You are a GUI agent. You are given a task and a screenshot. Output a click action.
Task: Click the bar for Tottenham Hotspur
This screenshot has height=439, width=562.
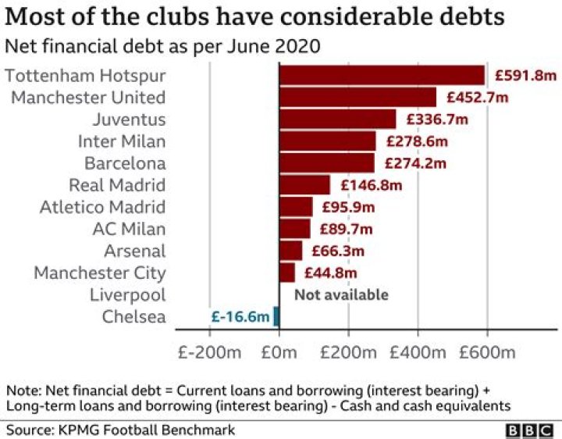coord(382,75)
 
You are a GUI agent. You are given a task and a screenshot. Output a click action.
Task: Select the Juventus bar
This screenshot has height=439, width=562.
coord(337,120)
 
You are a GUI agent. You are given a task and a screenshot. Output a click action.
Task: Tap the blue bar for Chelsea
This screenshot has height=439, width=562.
coord(276,316)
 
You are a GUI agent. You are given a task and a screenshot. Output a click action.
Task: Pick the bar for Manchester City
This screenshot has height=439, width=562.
coord(287,273)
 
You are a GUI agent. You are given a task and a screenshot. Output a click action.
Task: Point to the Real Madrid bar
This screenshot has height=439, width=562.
coord(304,185)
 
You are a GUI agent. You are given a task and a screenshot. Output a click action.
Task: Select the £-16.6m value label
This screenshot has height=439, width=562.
coord(240,316)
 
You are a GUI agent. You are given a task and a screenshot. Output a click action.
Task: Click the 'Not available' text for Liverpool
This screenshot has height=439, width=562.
coord(340,294)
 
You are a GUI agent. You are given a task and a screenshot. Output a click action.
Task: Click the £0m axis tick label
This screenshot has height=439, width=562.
coord(279,352)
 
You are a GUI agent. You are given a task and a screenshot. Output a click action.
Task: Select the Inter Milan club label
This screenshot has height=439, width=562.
coord(122,141)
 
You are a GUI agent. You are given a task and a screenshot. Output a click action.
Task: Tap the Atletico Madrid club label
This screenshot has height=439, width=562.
coord(103,207)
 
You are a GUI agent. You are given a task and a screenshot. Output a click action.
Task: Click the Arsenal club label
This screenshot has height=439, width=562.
coord(135,251)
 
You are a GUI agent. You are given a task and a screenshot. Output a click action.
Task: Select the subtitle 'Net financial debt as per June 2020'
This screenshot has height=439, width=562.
coord(162,46)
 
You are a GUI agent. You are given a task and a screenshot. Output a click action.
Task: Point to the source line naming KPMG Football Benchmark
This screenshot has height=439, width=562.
coord(120,430)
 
